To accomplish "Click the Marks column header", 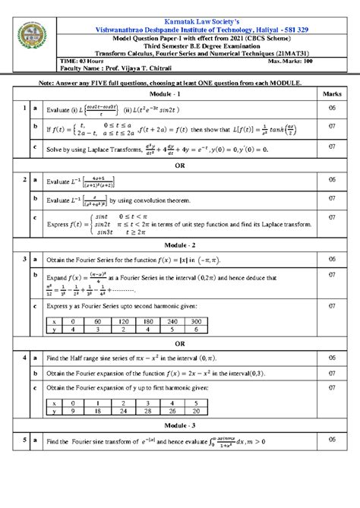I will tap(331, 93).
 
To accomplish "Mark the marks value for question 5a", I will tap(331, 440).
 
